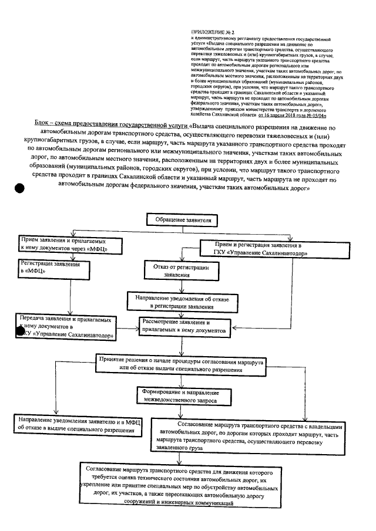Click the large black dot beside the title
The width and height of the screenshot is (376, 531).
coord(19,188)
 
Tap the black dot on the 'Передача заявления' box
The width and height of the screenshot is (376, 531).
coord(21,331)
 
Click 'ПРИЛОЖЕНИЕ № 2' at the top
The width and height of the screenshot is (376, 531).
coord(209,29)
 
